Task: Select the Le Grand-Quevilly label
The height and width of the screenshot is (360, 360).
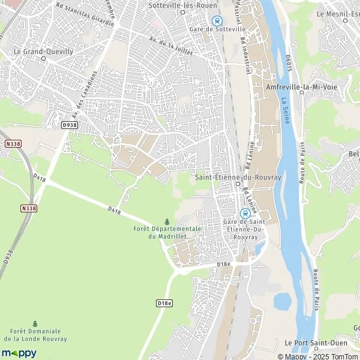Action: point(43,52)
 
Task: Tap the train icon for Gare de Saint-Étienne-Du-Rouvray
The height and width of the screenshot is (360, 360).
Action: point(244,213)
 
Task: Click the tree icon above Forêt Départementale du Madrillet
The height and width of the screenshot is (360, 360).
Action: point(167,222)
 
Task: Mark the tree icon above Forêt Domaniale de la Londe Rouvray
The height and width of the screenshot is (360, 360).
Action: point(35,323)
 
